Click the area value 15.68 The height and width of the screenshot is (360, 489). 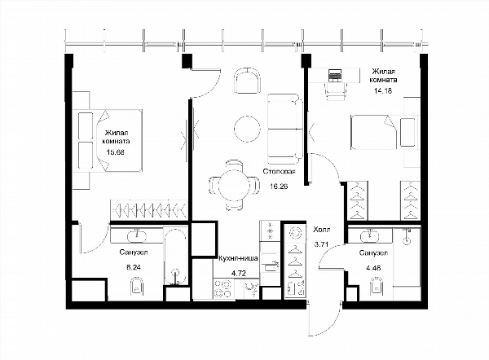(116, 152)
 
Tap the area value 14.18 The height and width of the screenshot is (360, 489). (383, 90)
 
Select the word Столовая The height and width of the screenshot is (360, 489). (279, 171)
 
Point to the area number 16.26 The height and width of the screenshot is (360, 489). (279, 187)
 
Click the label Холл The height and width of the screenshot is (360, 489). (322, 230)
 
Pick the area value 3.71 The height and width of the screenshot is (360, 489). (322, 244)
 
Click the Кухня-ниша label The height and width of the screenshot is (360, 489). (239, 258)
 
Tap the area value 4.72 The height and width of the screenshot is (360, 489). (239, 274)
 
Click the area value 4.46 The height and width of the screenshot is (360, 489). (373, 268)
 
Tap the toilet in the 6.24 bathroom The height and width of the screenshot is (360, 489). (136, 287)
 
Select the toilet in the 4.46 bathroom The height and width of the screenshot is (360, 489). (377, 286)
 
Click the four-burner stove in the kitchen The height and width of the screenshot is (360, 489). (223, 288)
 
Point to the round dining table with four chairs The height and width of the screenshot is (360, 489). (234, 186)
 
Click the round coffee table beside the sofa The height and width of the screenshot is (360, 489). (247, 129)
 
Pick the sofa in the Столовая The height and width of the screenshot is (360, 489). (285, 129)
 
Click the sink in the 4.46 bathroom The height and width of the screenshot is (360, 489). (369, 236)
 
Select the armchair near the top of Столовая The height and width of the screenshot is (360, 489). (247, 81)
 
